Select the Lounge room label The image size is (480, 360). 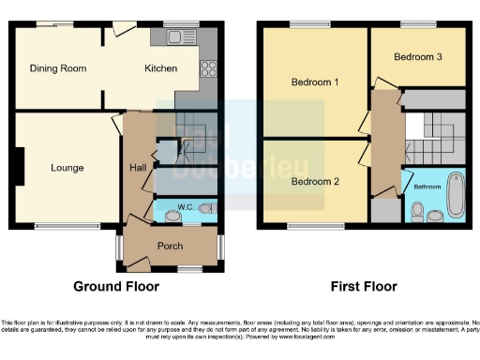pos(67,169)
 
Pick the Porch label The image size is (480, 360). pos(170,247)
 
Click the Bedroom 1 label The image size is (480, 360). pos(314,82)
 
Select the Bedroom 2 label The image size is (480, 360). pos(314,182)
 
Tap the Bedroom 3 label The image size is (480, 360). pos(417,57)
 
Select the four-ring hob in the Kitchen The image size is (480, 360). pos(208,68)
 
